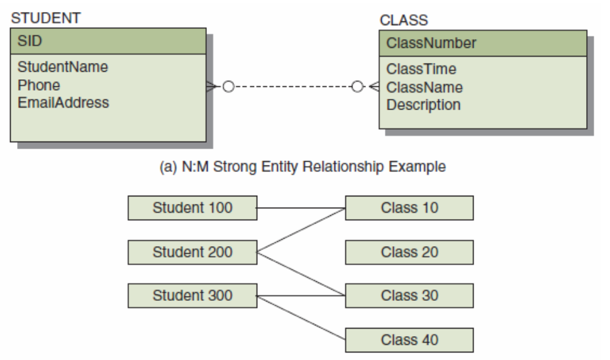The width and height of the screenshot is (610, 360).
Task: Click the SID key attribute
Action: [30, 41]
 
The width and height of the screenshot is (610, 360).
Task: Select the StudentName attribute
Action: [63, 67]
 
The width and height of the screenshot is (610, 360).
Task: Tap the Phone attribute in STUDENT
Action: [39, 85]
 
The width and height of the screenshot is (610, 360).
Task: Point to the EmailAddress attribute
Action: [64, 103]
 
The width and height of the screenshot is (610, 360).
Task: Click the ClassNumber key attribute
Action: [431, 43]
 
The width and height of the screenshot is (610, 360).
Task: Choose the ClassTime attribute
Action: [421, 69]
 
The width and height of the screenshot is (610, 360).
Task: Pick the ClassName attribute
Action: [424, 87]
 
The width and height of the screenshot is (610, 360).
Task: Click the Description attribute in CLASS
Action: [423, 105]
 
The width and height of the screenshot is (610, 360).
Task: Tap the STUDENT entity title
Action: [46, 18]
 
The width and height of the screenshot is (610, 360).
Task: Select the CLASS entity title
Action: [404, 20]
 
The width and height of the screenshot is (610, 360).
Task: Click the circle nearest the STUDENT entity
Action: [228, 86]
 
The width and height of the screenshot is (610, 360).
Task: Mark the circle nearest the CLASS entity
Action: [357, 86]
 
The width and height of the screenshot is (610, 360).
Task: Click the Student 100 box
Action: [192, 208]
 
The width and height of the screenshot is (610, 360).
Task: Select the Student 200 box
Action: [192, 252]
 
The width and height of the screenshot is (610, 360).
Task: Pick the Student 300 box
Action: [192, 295]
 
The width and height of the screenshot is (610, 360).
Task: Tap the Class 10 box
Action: [409, 208]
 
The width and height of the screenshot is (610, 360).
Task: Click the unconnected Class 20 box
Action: [409, 252]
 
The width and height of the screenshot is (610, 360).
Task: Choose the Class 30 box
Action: [409, 295]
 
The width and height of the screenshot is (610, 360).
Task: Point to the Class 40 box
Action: [409, 340]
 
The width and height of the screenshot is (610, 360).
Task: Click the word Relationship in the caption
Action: [343, 167]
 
